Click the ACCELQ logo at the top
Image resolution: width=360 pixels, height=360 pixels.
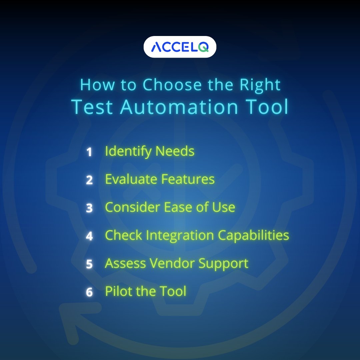(x=180, y=47)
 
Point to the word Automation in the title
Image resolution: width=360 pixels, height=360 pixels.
(x=179, y=107)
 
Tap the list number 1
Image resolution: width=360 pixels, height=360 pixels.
(x=89, y=152)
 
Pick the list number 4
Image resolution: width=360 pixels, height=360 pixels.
(x=89, y=236)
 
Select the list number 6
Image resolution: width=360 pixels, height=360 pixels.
(x=89, y=292)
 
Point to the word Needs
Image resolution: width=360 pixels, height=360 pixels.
(x=175, y=151)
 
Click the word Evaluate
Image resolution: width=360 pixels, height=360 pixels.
(x=131, y=179)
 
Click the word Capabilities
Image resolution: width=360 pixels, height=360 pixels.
(x=253, y=235)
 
